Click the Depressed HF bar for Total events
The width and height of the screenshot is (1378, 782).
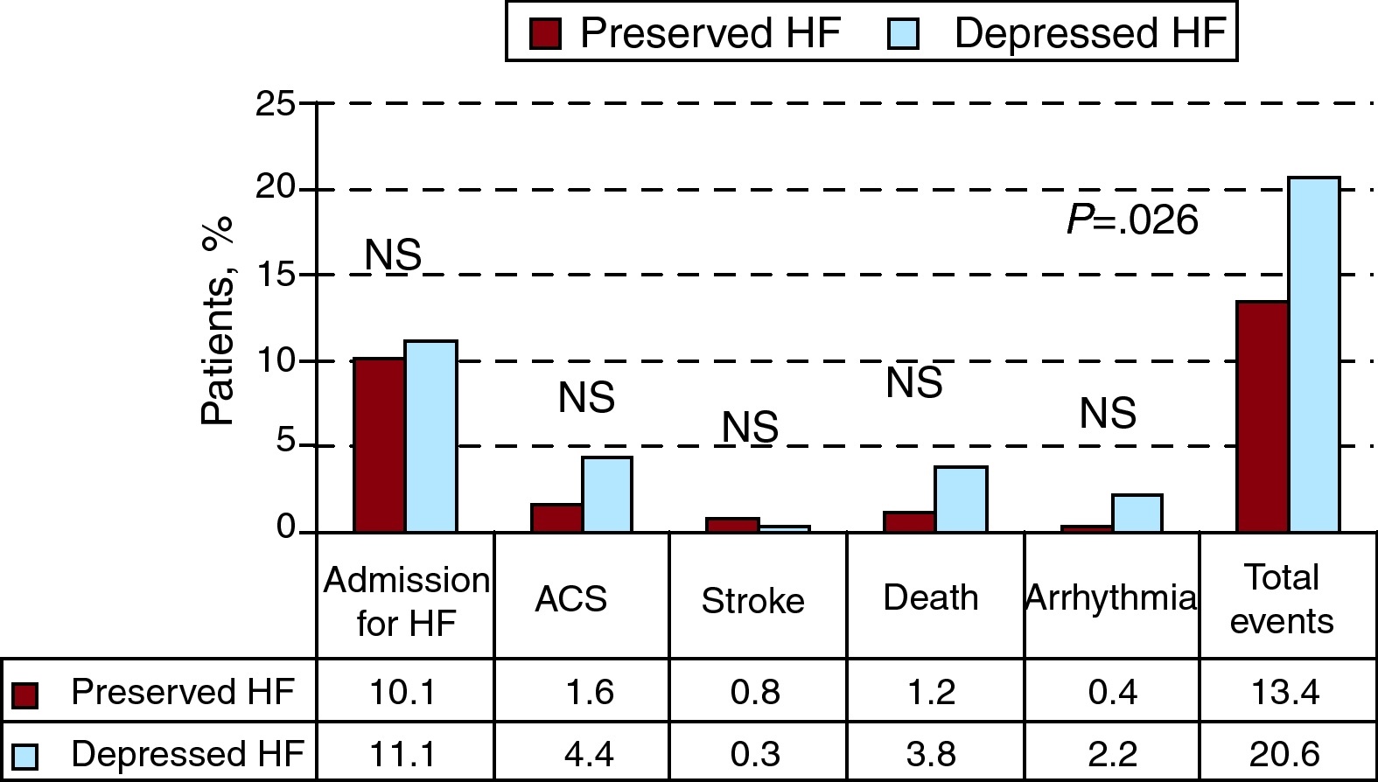point(1313,355)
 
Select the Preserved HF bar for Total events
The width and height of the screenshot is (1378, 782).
point(1262,416)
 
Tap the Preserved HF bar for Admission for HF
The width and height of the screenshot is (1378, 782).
point(378,444)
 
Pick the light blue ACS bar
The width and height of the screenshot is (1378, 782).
point(606,494)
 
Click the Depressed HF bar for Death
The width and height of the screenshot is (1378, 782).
point(961,499)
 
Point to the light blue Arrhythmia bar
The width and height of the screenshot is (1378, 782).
point(1137,513)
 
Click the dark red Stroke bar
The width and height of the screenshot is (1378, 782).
point(731,525)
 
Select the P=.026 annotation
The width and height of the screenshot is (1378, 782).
point(1132,220)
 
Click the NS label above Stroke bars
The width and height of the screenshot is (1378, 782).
point(750,428)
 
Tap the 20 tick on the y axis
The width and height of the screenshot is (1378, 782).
point(276,190)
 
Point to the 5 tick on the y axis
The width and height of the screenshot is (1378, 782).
point(286,443)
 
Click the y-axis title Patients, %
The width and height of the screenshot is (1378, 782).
point(218,321)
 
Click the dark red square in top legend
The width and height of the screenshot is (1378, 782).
point(545,34)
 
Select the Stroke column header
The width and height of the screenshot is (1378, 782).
point(752,601)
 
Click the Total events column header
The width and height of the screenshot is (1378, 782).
point(1282,599)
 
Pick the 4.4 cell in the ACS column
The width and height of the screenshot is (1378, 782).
point(589,753)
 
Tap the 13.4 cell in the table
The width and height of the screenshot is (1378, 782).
point(1284,692)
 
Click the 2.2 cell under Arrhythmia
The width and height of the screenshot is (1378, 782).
point(1112,753)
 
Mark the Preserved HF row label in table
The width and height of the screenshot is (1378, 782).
point(182,692)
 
